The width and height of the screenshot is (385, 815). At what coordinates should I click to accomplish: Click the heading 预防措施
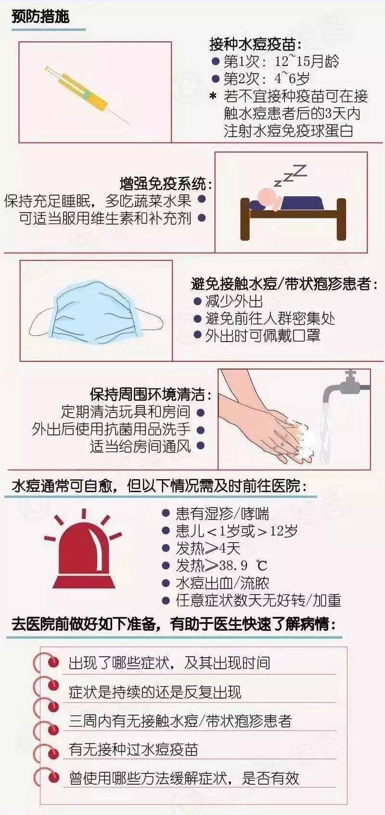point(40,17)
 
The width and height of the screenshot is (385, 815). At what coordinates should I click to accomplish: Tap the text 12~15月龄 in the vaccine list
point(307,62)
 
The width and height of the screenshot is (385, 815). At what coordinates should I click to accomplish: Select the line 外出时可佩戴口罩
point(262,335)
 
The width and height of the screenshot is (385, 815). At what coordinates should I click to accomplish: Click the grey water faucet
point(346,387)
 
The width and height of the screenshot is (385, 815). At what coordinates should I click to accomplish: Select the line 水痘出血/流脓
point(222,583)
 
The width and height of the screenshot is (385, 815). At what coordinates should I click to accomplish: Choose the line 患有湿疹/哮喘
point(222,514)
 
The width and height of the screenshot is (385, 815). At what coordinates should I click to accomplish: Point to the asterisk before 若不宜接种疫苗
point(213,97)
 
